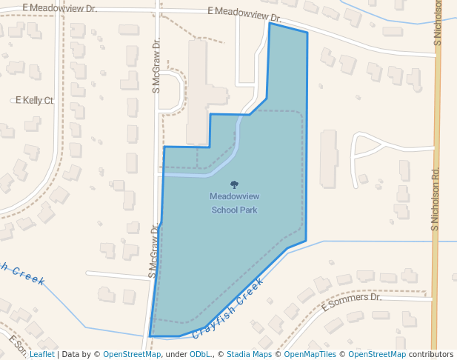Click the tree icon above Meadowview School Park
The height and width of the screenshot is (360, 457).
pos(235,184)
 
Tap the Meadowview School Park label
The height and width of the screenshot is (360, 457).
pos(234,203)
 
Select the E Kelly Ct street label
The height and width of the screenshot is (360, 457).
pos(35,101)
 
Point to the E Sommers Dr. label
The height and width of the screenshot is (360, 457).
pos(351,301)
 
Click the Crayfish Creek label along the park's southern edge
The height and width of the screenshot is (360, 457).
pos(228,308)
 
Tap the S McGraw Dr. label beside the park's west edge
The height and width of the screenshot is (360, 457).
pos(154,251)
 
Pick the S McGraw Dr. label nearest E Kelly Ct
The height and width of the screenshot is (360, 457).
pos(156,67)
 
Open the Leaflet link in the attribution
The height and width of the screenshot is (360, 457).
pos(41,354)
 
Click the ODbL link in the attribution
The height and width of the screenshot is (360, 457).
pos(199,354)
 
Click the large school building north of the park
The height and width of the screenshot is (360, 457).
pos(198,93)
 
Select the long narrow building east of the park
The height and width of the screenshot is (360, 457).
pos(328,158)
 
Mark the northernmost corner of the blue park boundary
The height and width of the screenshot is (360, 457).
pos(270,24)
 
